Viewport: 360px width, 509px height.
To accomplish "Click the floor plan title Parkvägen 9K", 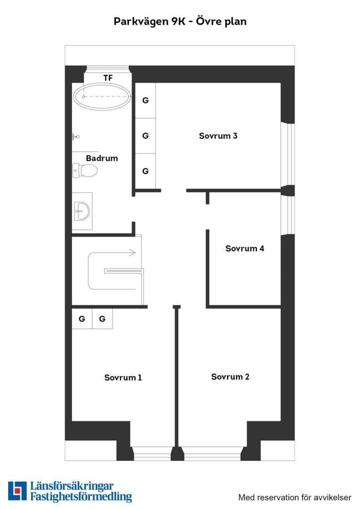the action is (150, 22).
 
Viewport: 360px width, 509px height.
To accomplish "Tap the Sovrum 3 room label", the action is (218, 136).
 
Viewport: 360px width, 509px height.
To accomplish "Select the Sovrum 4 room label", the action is (245, 248).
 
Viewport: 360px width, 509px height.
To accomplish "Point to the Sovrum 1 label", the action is (123, 378).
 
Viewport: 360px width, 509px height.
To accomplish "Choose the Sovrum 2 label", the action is (230, 377).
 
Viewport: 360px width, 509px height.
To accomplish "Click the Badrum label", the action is (102, 158).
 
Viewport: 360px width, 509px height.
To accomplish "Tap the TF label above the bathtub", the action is (108, 78).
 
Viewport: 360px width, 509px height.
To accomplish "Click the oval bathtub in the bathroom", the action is (102, 97).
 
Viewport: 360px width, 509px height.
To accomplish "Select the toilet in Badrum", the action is (85, 171).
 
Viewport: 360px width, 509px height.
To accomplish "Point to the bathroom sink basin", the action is (82, 211).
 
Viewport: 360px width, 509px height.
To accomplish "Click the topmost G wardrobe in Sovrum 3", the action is (145, 100).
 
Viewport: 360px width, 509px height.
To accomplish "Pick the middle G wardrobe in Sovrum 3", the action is (145, 136).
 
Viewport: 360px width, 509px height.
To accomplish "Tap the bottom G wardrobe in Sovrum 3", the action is (145, 171).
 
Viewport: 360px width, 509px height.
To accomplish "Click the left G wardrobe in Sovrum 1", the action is (82, 319).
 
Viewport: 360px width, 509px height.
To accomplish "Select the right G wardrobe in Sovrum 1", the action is (102, 319).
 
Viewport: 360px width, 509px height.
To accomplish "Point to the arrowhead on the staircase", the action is (132, 253).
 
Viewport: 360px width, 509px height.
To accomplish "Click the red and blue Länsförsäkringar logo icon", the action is (17, 491).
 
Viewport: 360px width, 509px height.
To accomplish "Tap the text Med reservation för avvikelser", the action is (295, 497).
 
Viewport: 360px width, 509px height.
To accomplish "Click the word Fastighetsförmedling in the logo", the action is (81, 497).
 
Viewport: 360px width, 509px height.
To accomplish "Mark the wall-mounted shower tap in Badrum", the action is (76, 137).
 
